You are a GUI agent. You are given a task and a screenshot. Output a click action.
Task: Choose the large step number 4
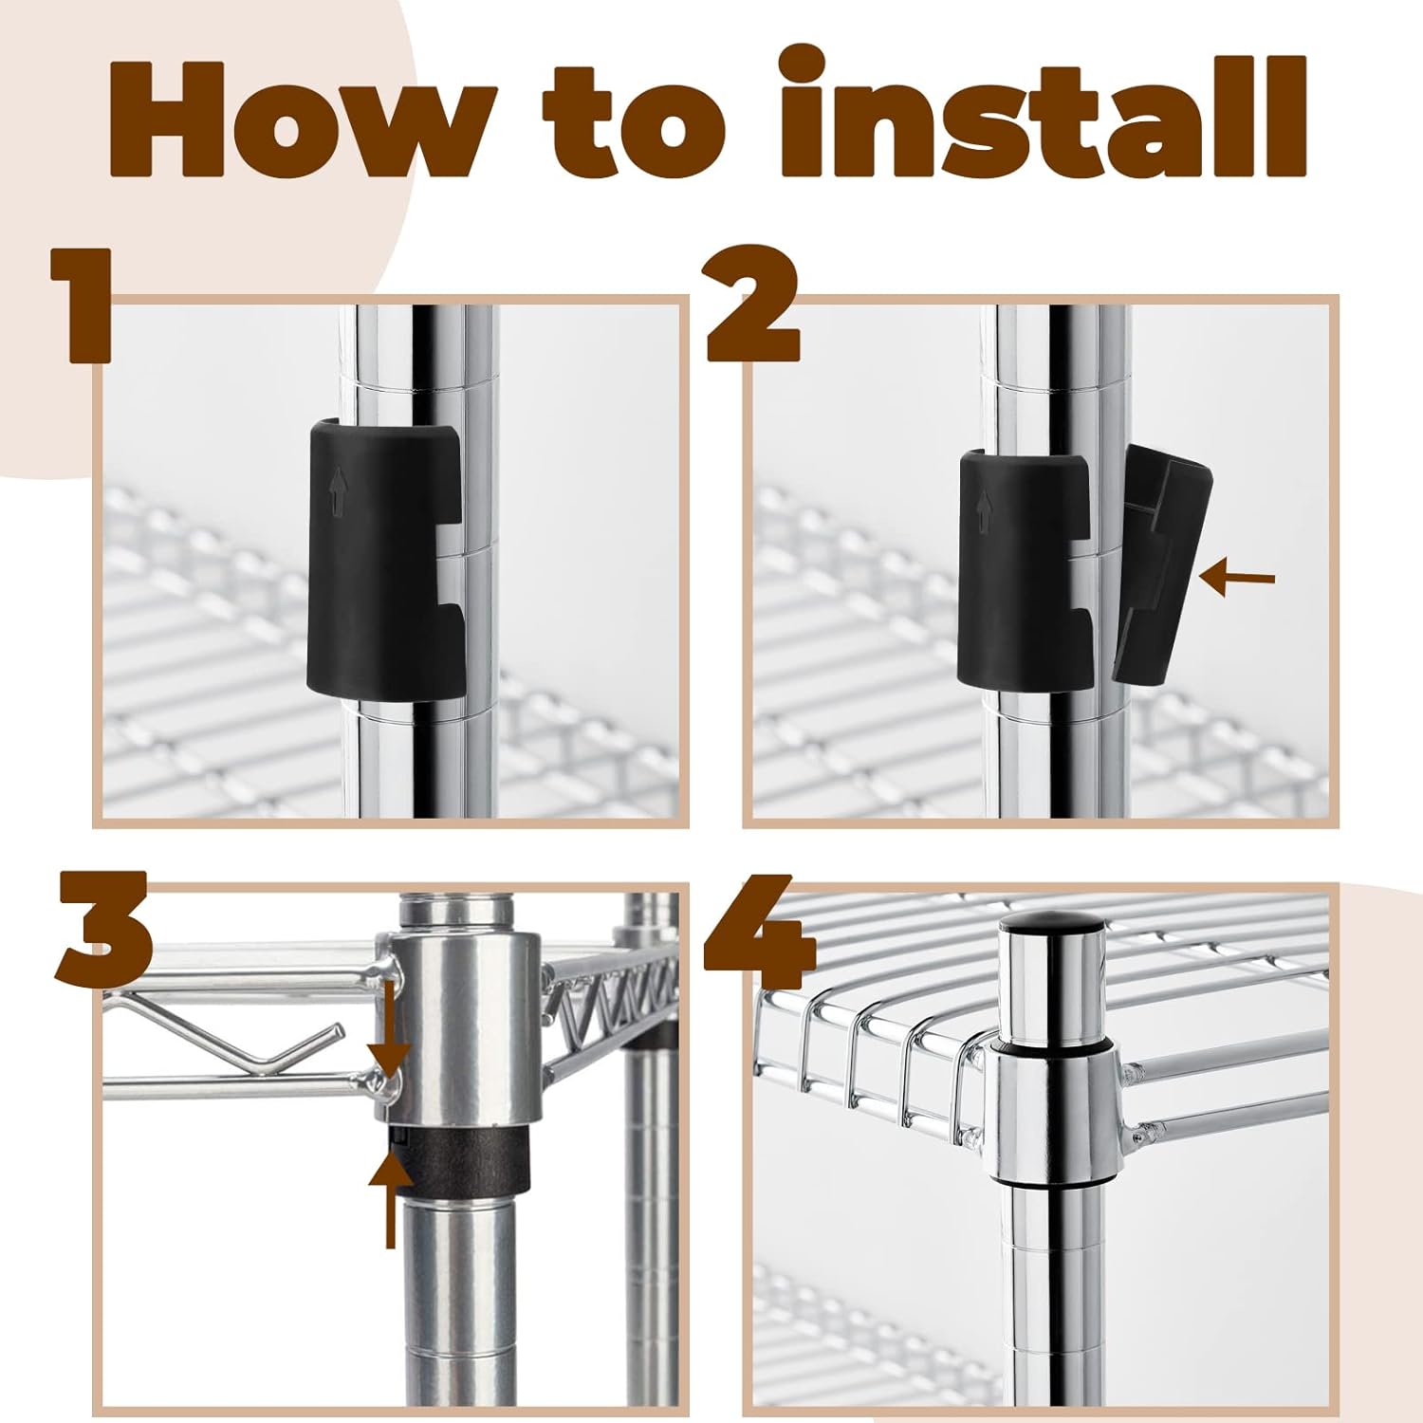(x=759, y=931)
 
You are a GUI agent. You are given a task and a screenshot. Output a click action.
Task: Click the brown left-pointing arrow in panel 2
(x=1237, y=577)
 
